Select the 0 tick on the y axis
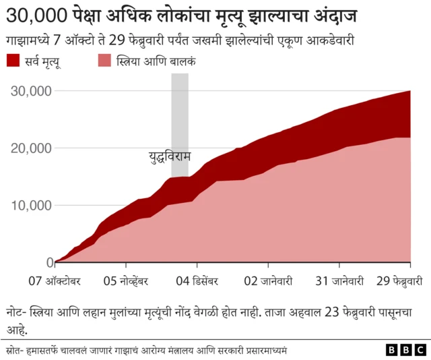[x=50, y=262]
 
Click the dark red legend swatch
[x=13, y=61]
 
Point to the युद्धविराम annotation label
[x=170, y=157]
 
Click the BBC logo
[x=406, y=350]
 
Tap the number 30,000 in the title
[x=38, y=15]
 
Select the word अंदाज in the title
[x=333, y=15]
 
